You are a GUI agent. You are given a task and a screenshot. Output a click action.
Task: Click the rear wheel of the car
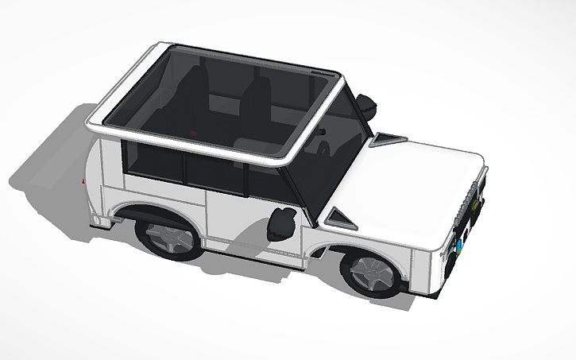[x=168, y=237]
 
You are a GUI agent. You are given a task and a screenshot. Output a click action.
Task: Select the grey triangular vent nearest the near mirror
[x=340, y=215]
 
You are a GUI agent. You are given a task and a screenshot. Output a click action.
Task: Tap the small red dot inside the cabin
[x=193, y=133]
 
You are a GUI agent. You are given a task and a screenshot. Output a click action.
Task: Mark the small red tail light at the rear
[x=82, y=182]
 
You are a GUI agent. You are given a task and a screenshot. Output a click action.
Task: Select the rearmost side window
[x=155, y=164]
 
